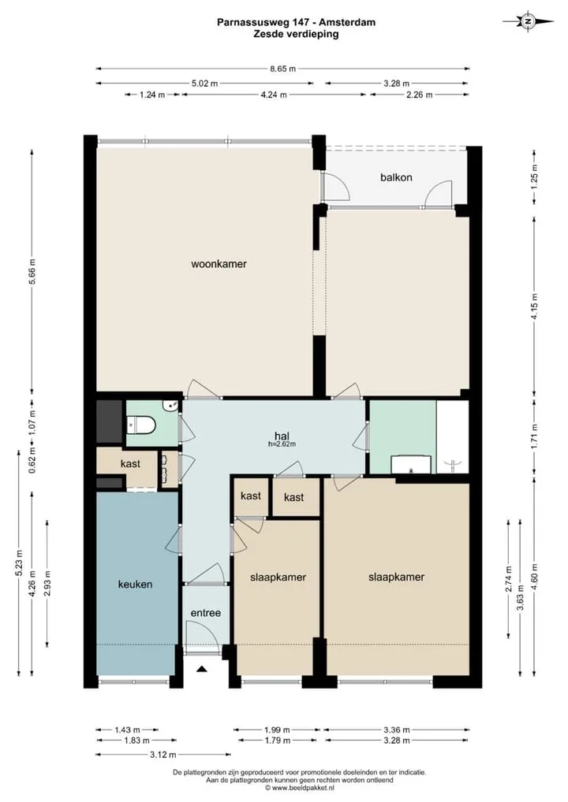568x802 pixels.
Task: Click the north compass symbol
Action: [x=528, y=22]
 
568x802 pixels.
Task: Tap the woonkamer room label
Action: [x=219, y=265]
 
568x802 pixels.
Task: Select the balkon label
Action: [x=396, y=177]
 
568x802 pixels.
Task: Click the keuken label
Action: [x=135, y=584]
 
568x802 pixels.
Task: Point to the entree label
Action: [x=205, y=613]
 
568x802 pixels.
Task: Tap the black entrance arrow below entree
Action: [x=202, y=669]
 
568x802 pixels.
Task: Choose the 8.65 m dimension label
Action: [x=283, y=69]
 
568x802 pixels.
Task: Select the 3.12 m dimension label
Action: [x=163, y=755]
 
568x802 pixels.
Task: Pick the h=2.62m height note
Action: [x=282, y=444]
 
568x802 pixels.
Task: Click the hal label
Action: [x=282, y=436]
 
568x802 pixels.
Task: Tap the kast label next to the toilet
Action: [x=130, y=464]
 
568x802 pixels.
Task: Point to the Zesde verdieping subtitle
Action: [x=296, y=34]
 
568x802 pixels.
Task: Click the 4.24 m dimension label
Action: [x=274, y=94]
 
